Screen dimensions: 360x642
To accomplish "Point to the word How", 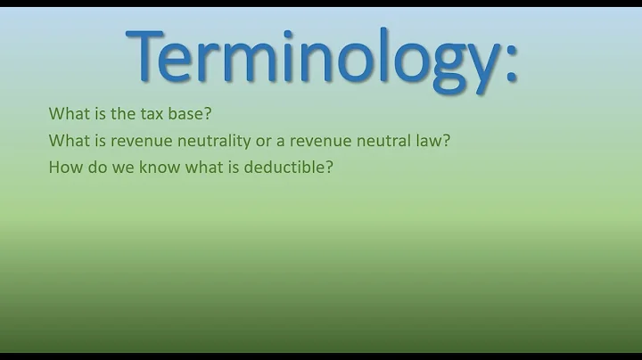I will click(x=65, y=166).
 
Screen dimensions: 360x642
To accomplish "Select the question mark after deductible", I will click(x=329, y=166).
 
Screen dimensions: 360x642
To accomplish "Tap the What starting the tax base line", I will click(x=68, y=114).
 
